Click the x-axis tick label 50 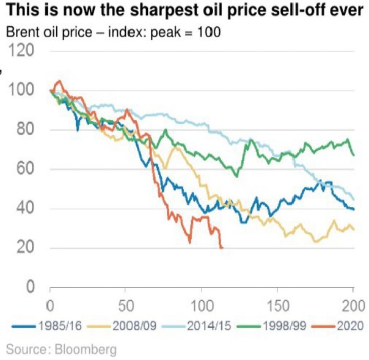point(125,305)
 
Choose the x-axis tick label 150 point(278,305)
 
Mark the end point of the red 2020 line point(222,247)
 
